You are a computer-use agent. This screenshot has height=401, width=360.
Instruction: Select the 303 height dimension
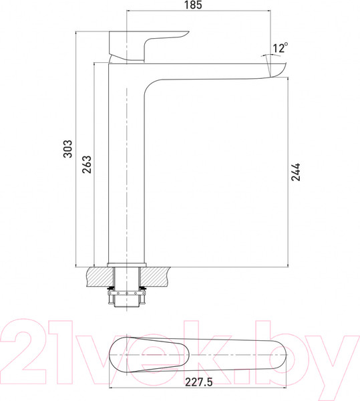(x=68, y=148)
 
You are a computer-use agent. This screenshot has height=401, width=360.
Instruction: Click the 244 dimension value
(x=296, y=173)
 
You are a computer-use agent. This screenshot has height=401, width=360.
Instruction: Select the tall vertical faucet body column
(x=126, y=167)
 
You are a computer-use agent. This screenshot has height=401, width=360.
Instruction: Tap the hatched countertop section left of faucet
(x=100, y=275)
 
